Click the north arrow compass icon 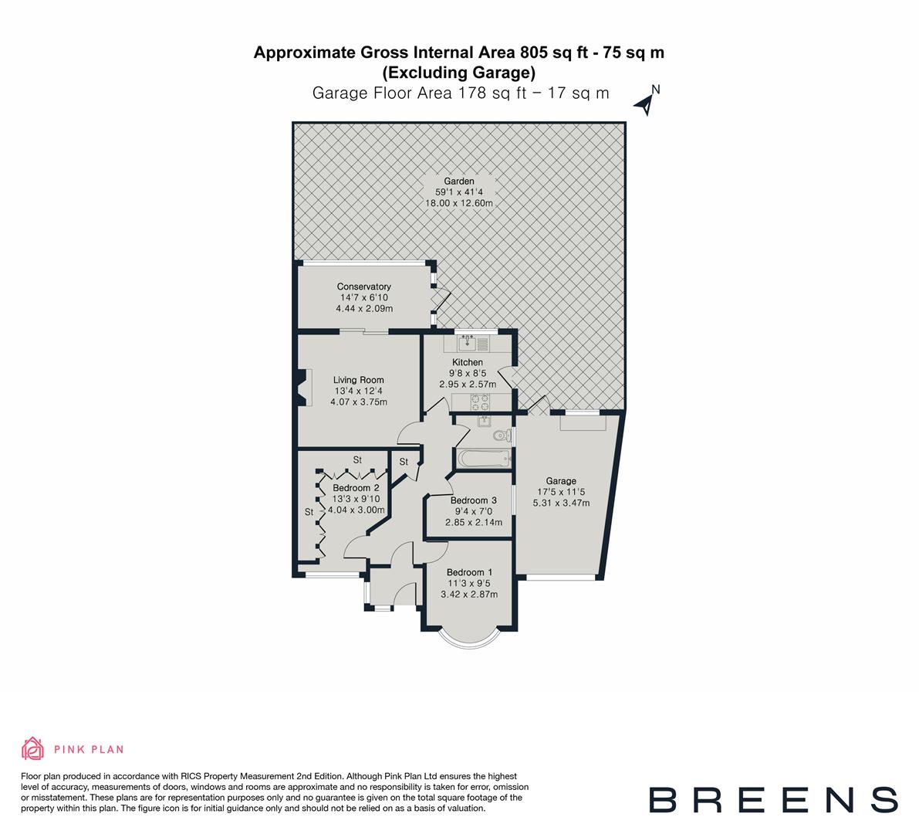647,101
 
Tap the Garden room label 458,181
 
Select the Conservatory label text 364,286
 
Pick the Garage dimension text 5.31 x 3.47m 561,503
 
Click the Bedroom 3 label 473,500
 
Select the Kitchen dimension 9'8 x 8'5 467,373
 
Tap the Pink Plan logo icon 33,748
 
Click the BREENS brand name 772,799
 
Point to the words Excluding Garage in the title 459,73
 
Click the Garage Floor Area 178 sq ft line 460,93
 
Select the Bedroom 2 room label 356,488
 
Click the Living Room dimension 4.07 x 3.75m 359,402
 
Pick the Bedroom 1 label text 470,572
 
